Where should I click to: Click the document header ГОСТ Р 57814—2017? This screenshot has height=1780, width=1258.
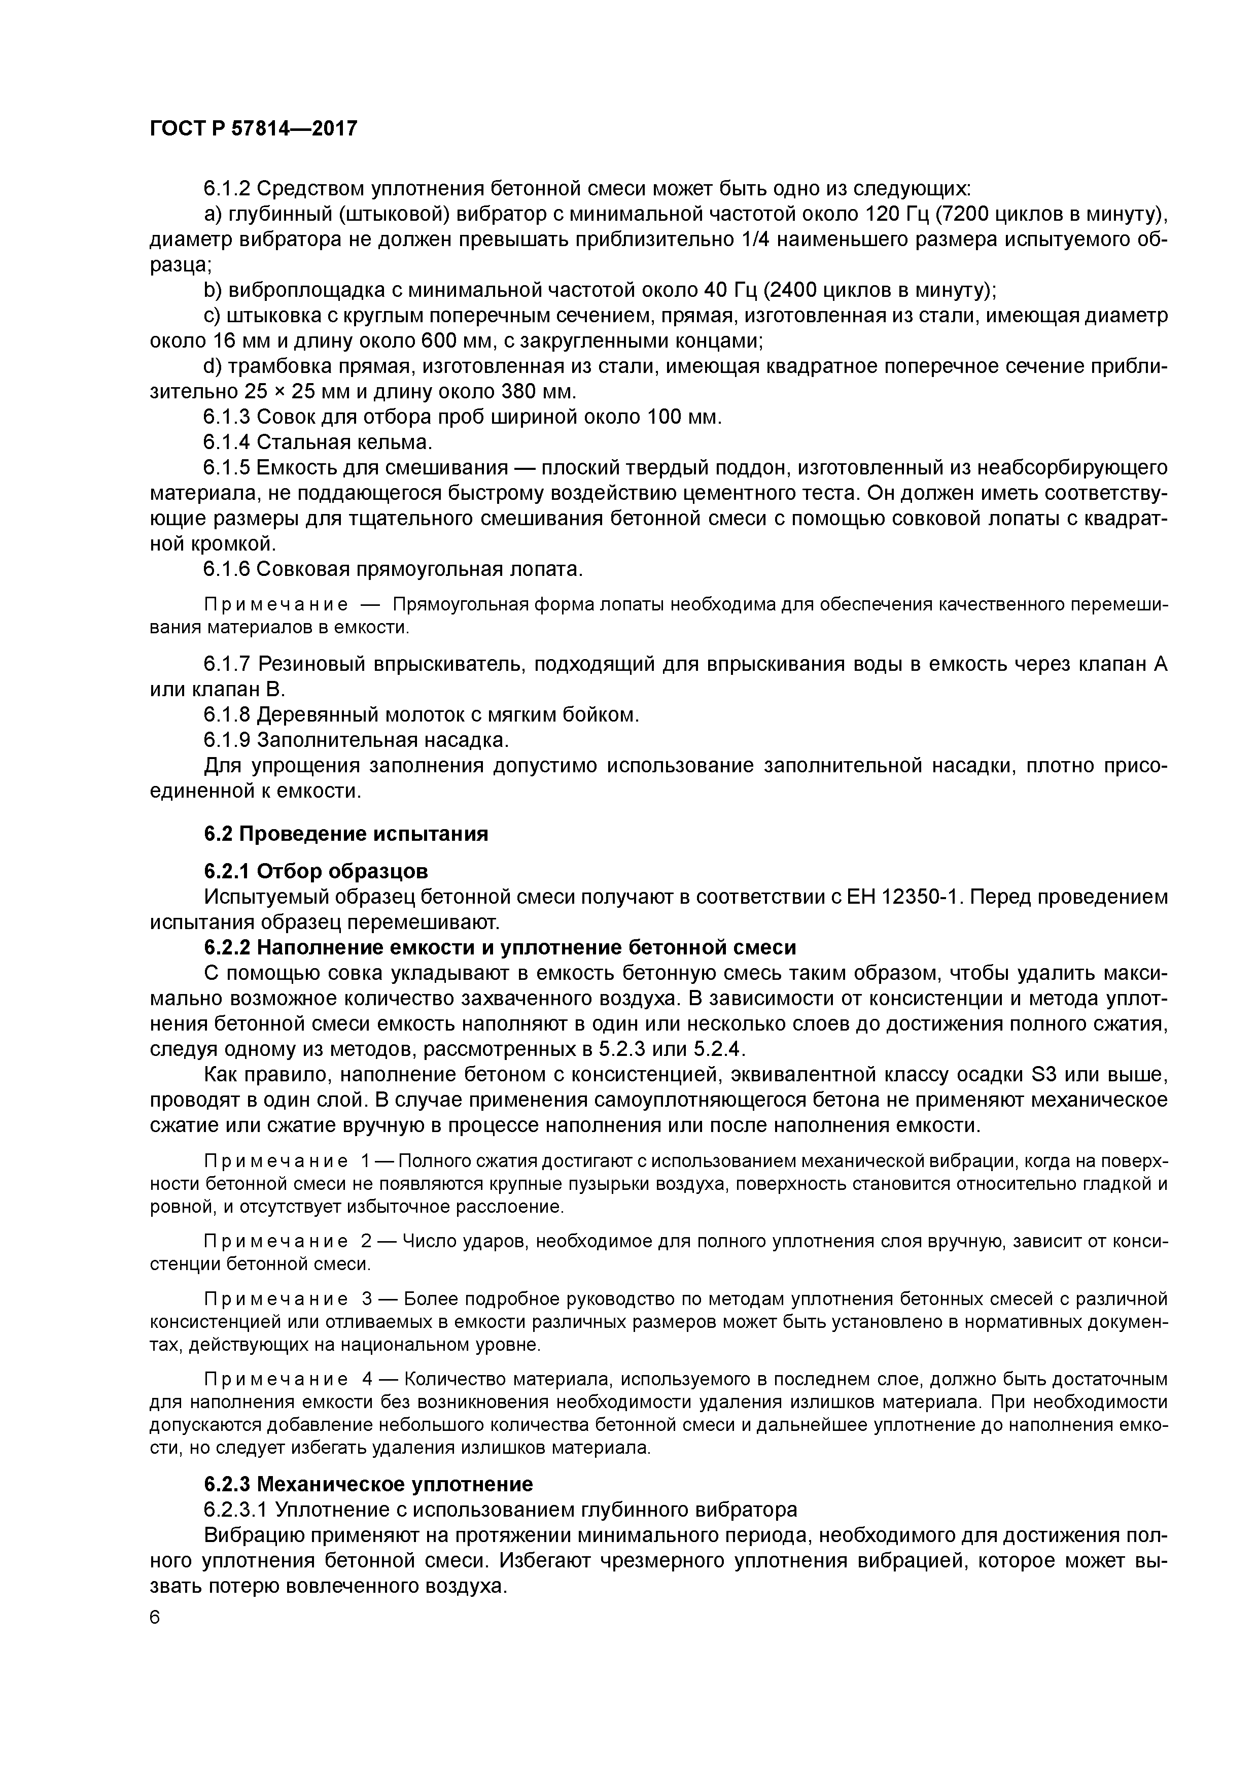(253, 129)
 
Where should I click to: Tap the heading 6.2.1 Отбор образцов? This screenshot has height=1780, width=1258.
(316, 872)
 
